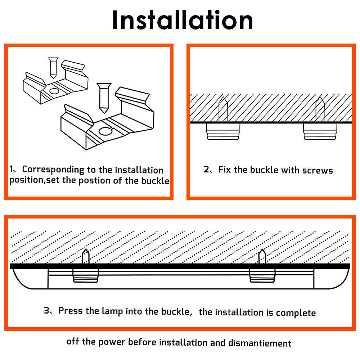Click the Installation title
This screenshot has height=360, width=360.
point(183,21)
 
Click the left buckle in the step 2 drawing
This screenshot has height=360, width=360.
point(223,131)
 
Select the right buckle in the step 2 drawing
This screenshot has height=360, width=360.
point(320,131)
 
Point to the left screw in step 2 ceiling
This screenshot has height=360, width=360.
point(223,109)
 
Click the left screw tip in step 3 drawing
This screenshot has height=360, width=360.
point(86,256)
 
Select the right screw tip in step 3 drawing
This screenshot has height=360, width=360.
point(262,256)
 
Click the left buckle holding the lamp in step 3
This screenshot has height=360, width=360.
point(86,275)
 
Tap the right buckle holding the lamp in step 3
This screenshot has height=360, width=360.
point(262,275)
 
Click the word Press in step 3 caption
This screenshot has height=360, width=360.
point(71,311)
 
